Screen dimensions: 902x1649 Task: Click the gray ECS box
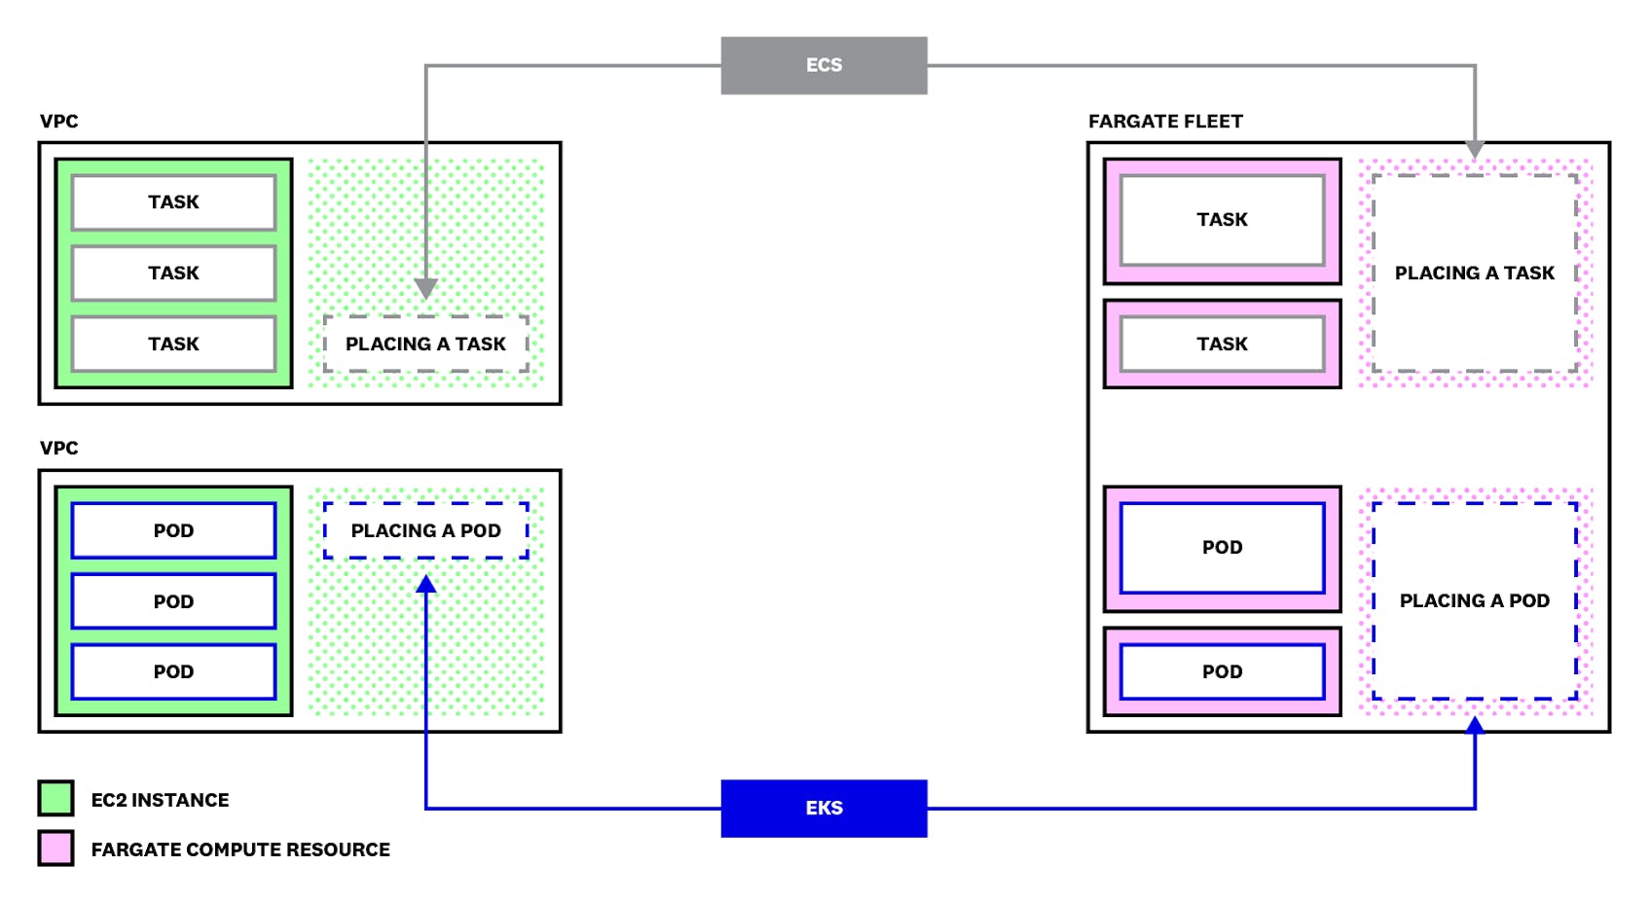click(824, 65)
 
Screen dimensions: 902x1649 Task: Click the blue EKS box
click(824, 808)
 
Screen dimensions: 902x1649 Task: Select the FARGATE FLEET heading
click(1165, 122)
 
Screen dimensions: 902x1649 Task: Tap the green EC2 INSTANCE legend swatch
click(55, 798)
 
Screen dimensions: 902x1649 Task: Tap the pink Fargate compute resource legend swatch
click(55, 848)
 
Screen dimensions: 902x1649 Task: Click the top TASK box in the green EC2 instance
click(173, 202)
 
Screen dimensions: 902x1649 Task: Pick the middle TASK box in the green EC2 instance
click(173, 273)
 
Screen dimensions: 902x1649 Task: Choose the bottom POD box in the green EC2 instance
click(173, 671)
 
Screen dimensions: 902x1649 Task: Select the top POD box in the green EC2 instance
click(173, 530)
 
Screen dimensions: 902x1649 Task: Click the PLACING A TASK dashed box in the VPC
click(425, 343)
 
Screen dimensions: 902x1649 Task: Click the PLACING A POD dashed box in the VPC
click(425, 530)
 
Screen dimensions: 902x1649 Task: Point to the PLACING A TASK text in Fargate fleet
click(1474, 273)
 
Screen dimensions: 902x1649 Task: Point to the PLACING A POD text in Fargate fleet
click(1474, 600)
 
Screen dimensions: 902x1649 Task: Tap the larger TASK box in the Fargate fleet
click(1222, 220)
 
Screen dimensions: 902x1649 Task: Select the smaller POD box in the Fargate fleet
click(1222, 671)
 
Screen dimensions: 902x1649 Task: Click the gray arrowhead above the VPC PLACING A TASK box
click(425, 289)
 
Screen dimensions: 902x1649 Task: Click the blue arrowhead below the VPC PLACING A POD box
click(425, 584)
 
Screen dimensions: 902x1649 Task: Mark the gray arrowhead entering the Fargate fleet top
click(1475, 149)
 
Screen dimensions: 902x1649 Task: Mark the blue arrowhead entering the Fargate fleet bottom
click(1475, 725)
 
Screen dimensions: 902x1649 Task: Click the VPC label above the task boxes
click(58, 122)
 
